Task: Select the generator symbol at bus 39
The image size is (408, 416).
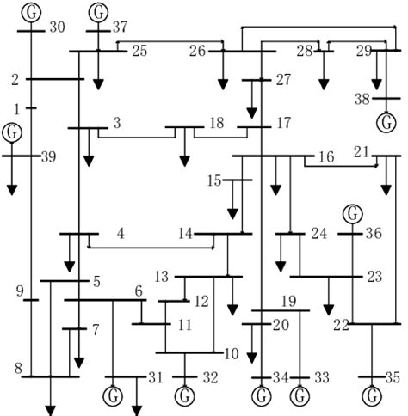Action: tap(12, 132)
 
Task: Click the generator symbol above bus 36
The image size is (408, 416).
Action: tap(352, 213)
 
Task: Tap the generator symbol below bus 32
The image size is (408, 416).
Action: tap(185, 397)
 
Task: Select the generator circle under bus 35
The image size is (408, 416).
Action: tap(372, 397)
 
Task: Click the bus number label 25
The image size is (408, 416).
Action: tap(139, 52)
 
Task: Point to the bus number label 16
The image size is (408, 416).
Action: tap(326, 157)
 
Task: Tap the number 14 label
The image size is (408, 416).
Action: tap(185, 233)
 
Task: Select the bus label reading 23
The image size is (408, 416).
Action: tap(374, 277)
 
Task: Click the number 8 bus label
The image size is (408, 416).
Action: tap(17, 369)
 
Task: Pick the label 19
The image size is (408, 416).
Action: tap(288, 302)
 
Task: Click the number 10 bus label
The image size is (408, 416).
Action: tap(231, 353)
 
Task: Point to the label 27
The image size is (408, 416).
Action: tap(284, 81)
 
